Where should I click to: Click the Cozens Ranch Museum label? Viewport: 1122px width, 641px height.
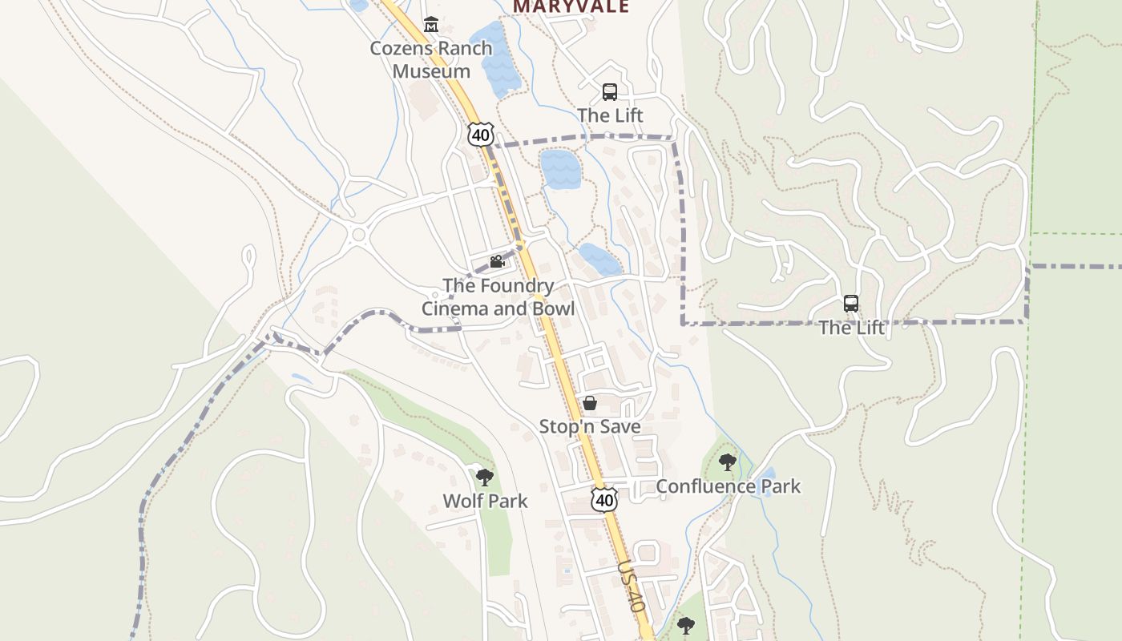(431, 59)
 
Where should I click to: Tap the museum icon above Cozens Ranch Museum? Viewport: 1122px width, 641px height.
(431, 24)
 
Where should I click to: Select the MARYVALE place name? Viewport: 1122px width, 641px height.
(571, 6)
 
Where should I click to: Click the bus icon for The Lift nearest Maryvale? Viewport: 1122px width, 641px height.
(610, 91)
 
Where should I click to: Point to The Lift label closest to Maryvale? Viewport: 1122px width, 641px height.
(610, 115)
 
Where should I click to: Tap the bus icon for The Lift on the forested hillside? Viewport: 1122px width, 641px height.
(851, 304)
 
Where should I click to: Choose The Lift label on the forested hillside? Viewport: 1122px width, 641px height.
(851, 328)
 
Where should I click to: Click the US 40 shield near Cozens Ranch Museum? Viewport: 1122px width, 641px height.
(480, 135)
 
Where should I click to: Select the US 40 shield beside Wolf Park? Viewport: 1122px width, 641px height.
(604, 500)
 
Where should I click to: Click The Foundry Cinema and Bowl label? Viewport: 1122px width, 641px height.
(498, 297)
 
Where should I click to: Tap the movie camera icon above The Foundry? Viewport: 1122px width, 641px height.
(497, 261)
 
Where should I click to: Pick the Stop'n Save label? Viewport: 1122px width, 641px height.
(590, 426)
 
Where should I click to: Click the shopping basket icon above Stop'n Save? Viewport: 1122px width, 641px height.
(590, 403)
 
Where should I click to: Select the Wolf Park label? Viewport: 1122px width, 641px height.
(485, 502)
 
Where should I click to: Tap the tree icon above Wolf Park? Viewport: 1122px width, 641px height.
(484, 478)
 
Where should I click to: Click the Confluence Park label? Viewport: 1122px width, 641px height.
(728, 486)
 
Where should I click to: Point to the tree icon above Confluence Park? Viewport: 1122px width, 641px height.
(727, 462)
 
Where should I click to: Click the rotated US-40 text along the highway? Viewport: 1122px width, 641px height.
(632, 587)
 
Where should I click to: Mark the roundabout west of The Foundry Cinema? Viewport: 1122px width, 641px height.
(358, 236)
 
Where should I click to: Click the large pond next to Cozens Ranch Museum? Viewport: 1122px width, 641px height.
(491, 58)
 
